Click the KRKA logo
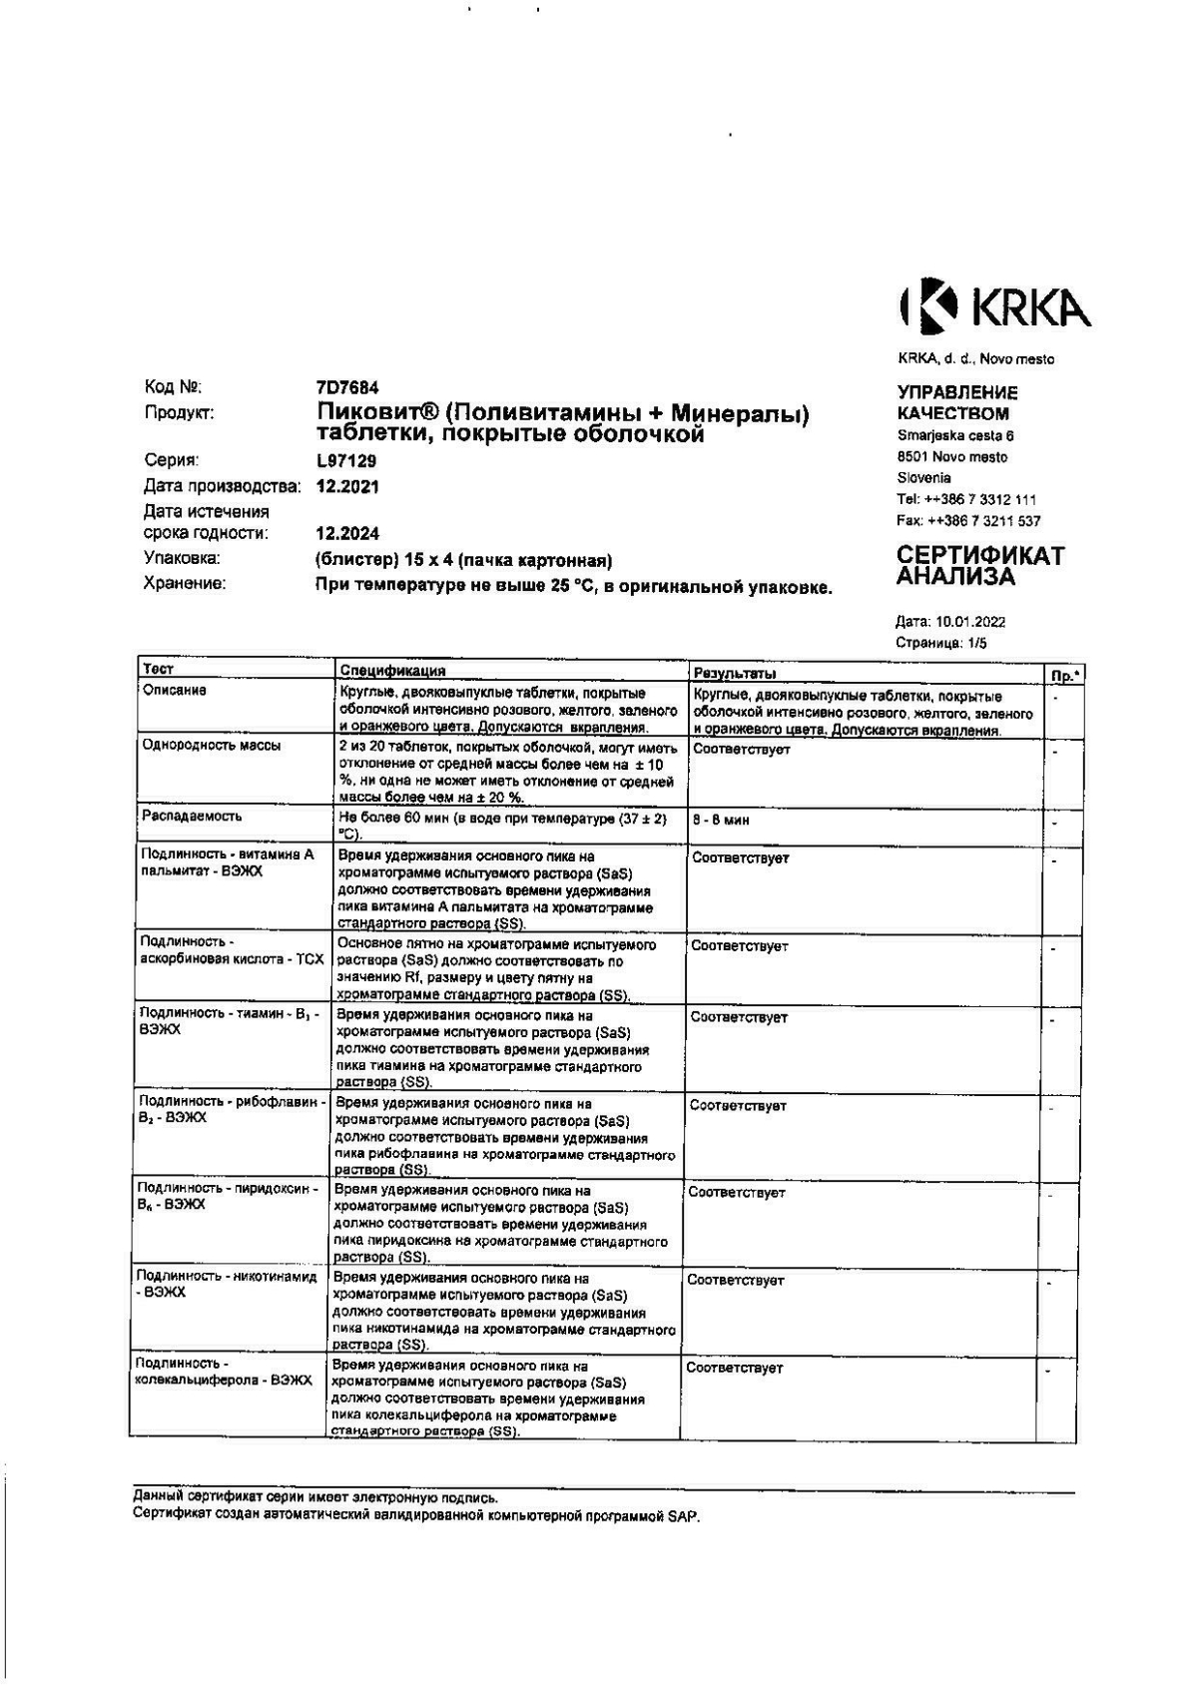994,306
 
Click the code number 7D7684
346,387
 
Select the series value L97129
345,461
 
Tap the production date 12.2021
347,487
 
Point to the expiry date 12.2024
347,534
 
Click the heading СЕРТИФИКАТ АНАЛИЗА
979,566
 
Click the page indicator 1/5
974,643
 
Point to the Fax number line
967,521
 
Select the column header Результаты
734,675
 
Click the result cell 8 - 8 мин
720,821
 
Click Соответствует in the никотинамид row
735,1281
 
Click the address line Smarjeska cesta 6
955,436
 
